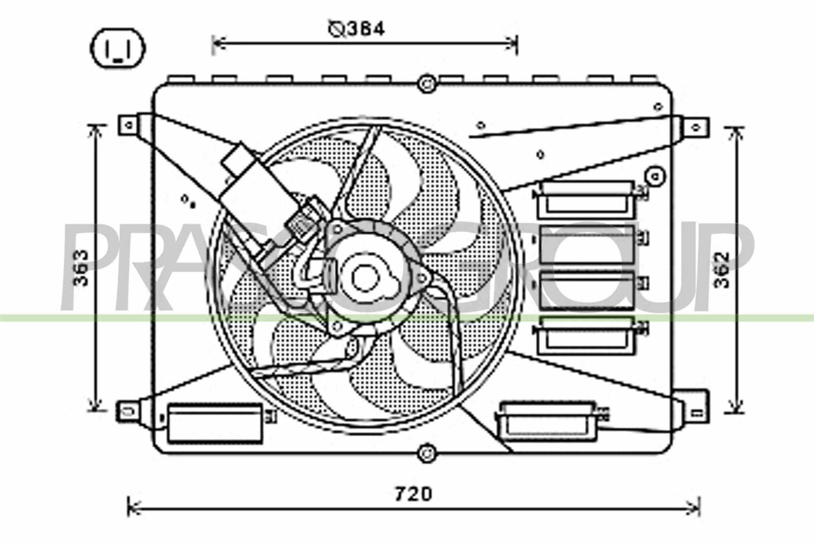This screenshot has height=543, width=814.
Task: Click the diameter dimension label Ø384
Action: (x=356, y=30)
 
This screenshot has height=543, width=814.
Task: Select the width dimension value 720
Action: (x=413, y=494)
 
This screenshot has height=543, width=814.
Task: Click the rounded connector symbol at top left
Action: (x=118, y=49)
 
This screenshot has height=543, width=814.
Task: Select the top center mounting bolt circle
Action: (x=427, y=84)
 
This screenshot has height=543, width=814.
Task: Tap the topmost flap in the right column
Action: (x=586, y=200)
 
